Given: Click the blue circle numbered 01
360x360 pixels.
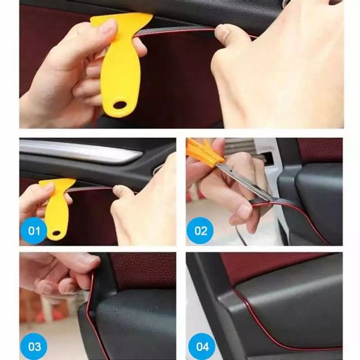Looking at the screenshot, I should click(x=33, y=230).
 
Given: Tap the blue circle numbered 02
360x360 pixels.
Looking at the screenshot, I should click(x=200, y=230).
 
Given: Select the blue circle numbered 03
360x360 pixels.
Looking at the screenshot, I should click(x=33, y=346).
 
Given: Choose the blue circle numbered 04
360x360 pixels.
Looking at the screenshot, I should click(x=200, y=346).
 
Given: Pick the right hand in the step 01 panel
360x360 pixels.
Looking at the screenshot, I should click(x=144, y=207).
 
